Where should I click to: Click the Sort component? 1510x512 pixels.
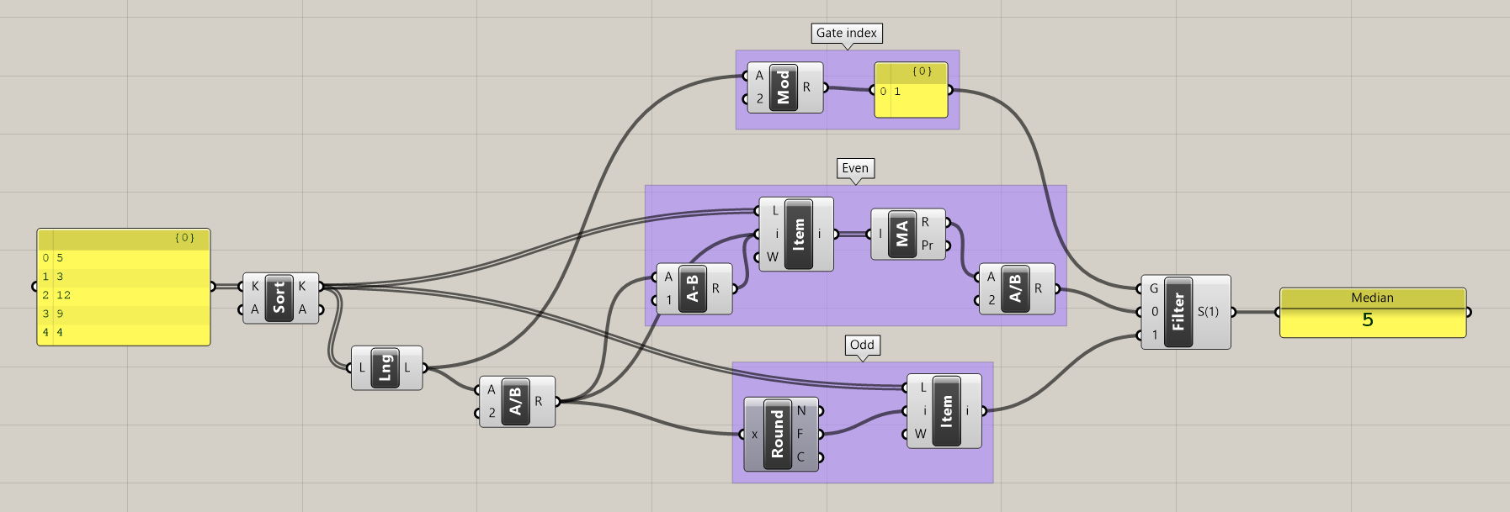pyautogui.click(x=279, y=298)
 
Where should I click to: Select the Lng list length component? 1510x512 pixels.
pyautogui.click(x=385, y=367)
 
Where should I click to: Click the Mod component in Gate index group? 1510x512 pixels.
pyautogui.click(x=784, y=87)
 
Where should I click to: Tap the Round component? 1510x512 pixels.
pyautogui.click(x=778, y=434)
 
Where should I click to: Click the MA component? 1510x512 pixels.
pyautogui.click(x=902, y=234)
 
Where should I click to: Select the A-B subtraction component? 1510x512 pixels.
pyautogui.click(x=693, y=288)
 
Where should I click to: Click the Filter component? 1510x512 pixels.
pyautogui.click(x=1178, y=312)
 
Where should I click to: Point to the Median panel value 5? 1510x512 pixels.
pyautogui.click(x=1368, y=320)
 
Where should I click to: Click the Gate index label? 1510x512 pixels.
pyautogui.click(x=847, y=34)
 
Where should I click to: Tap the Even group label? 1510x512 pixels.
pyautogui.click(x=855, y=168)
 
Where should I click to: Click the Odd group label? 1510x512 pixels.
pyautogui.click(x=862, y=345)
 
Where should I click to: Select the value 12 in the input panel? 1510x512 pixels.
pyautogui.click(x=64, y=295)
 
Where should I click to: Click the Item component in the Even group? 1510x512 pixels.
pyautogui.click(x=798, y=234)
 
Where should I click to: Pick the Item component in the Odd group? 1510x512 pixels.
pyautogui.click(x=946, y=411)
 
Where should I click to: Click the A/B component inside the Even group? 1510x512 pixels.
pyautogui.click(x=1015, y=288)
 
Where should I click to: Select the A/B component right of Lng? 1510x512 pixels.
pyautogui.click(x=516, y=401)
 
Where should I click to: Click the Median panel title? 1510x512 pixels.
pyautogui.click(x=1372, y=298)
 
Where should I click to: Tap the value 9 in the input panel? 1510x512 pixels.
pyautogui.click(x=60, y=314)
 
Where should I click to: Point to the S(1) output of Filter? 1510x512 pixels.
pyautogui.click(x=1209, y=312)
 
